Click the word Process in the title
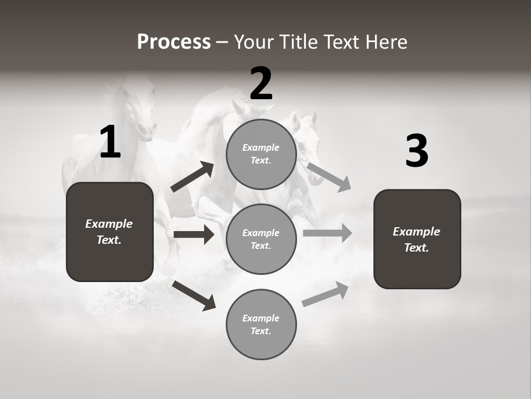click(x=174, y=42)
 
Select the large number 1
click(x=110, y=142)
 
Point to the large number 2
click(x=261, y=84)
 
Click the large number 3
click(x=417, y=151)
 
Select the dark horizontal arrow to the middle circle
click(x=194, y=234)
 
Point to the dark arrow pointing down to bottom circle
click(x=194, y=295)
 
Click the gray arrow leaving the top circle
click(x=329, y=177)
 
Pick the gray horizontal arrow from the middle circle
click(x=327, y=233)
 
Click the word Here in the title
click(x=388, y=42)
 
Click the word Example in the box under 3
click(x=417, y=232)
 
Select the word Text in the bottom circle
click(x=260, y=331)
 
